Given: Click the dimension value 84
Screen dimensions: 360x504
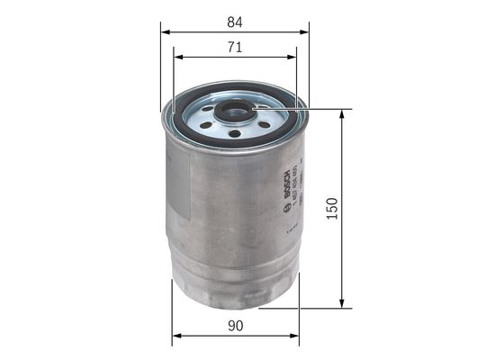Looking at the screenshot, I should pyautogui.click(x=236, y=20).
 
